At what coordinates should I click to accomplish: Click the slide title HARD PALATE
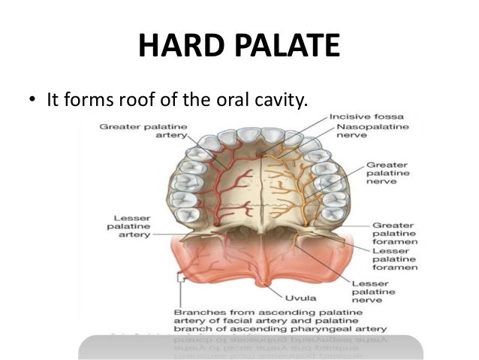click(x=239, y=47)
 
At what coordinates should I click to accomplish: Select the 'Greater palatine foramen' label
click(x=392, y=234)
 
